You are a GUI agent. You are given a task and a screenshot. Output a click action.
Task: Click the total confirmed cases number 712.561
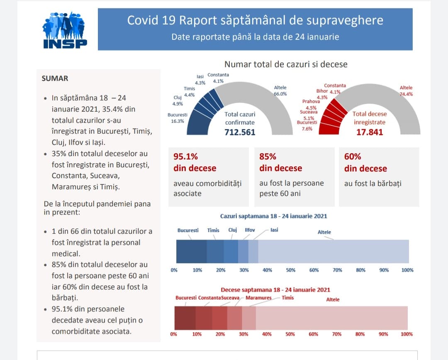[240, 132]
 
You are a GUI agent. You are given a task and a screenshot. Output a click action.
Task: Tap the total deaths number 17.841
[370, 132]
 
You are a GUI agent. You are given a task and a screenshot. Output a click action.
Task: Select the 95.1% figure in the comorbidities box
[185, 157]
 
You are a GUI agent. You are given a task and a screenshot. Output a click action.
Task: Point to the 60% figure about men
[353, 157]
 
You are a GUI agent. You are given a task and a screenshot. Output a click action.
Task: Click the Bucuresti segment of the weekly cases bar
[191, 252]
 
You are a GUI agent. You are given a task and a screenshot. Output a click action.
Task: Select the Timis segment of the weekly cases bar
[215, 252]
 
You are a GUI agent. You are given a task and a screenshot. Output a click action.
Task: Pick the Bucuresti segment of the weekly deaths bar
[185, 318]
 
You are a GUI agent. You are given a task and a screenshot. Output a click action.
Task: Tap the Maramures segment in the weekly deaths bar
[234, 318]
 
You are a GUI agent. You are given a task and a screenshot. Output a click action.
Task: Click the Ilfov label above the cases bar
[250, 230]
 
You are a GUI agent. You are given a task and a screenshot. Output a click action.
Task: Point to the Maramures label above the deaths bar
[258, 298]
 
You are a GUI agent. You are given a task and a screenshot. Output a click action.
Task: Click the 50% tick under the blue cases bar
[291, 270]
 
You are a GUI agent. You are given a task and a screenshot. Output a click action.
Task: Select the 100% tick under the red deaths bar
[407, 334]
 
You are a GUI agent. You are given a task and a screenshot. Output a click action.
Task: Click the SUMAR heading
[55, 78]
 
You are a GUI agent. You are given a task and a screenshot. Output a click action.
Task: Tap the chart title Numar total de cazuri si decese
[286, 64]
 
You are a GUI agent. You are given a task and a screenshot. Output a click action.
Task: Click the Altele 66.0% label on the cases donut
[280, 91]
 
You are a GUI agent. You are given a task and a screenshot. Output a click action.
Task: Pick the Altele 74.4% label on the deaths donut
[406, 91]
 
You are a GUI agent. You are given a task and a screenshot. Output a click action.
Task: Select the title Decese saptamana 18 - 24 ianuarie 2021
[275, 290]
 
